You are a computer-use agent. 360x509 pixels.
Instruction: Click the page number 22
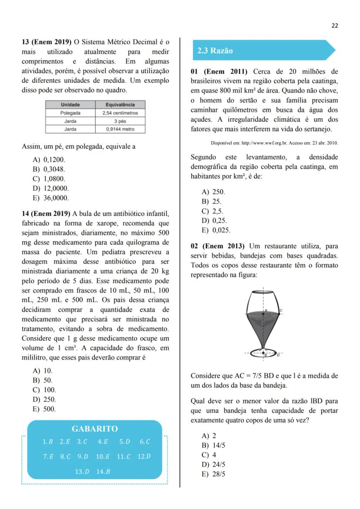[x=334, y=26]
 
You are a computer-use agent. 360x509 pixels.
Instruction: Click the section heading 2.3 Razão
[x=215, y=50]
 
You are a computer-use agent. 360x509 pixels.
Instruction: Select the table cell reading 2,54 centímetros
[x=120, y=113]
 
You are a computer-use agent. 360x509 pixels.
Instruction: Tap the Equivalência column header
[x=120, y=105]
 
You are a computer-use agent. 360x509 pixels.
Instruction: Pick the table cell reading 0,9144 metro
[x=120, y=129]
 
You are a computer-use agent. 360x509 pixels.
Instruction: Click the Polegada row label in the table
[x=70, y=113]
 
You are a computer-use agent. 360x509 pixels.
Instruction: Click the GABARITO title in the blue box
[x=94, y=429]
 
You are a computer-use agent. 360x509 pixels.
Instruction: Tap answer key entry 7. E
[x=48, y=456]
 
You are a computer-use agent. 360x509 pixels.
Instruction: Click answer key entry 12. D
[x=144, y=456]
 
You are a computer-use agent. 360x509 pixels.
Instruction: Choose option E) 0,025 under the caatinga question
[x=216, y=230]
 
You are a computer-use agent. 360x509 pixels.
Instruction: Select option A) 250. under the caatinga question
[x=213, y=192]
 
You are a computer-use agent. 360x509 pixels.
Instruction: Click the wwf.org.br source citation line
[x=274, y=143]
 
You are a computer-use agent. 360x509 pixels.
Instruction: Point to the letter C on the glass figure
[x=281, y=310]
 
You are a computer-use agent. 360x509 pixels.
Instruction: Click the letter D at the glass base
[x=278, y=355]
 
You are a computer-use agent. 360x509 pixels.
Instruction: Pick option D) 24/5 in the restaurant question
[x=213, y=465]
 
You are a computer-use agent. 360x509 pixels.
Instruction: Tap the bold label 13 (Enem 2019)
[x=47, y=42]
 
